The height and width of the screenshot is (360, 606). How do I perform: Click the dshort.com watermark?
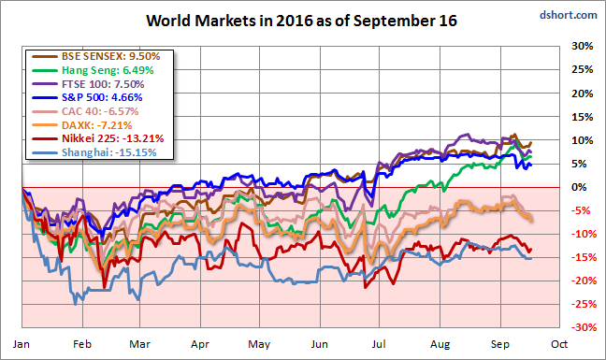569,15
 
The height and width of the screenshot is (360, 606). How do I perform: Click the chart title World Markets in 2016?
301,21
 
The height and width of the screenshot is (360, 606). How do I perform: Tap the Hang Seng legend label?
108,70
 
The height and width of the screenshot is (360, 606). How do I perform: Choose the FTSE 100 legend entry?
103,84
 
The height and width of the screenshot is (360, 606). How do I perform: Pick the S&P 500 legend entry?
102,97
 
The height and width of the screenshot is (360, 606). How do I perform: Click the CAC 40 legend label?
100,111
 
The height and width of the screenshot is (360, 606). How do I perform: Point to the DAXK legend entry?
97,125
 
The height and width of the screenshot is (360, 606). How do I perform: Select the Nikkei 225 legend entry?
113,138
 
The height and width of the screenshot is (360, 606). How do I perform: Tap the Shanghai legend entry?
109,152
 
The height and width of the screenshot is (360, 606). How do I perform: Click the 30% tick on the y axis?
582,46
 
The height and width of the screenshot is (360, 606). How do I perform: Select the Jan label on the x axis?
22,344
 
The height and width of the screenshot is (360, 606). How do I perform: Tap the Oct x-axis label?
559,344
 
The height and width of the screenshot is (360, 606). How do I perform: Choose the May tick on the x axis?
259,344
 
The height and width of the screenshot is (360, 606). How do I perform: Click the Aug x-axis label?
440,344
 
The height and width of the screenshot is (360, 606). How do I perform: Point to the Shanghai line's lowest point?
76,305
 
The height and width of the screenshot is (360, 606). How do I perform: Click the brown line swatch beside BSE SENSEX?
45,57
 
